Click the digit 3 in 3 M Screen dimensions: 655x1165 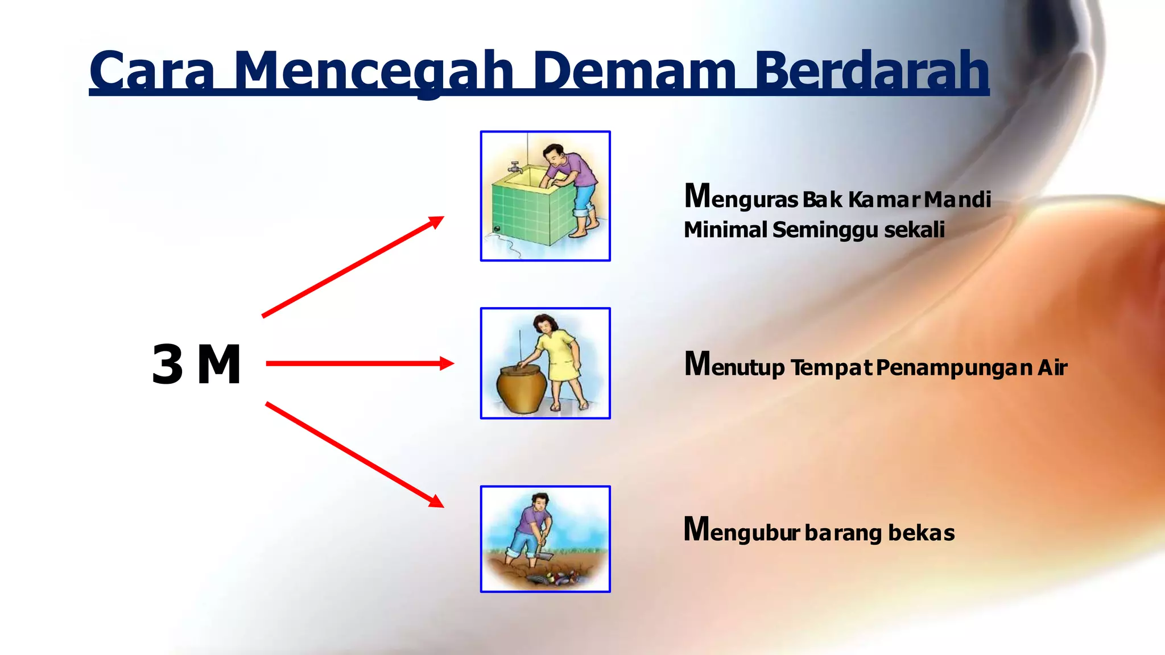click(168, 365)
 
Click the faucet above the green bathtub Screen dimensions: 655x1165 click(515, 167)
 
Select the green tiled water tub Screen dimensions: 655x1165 click(526, 210)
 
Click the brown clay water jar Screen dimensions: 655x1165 click(521, 389)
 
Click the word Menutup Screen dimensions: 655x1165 click(734, 366)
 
